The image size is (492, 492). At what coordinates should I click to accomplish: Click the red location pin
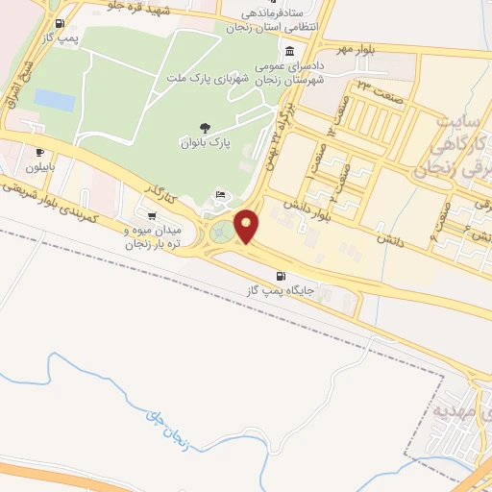pyautogui.click(x=247, y=226)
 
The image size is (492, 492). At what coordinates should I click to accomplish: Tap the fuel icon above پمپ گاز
pyautogui.click(x=61, y=24)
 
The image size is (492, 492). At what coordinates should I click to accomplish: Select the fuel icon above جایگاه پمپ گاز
pyautogui.click(x=280, y=274)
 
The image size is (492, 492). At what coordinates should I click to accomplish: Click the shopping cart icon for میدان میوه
pyautogui.click(x=151, y=215)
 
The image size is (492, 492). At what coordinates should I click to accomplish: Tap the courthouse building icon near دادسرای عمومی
pyautogui.click(x=290, y=52)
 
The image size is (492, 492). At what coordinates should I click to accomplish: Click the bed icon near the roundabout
pyautogui.click(x=222, y=195)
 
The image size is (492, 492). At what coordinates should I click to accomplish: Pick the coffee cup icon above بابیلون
pyautogui.click(x=39, y=152)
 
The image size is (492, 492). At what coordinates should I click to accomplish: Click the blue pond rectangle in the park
pyautogui.click(x=53, y=98)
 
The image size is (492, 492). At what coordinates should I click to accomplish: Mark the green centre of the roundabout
pyautogui.click(x=221, y=232)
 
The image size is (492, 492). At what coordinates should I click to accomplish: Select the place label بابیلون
pyautogui.click(x=40, y=167)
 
